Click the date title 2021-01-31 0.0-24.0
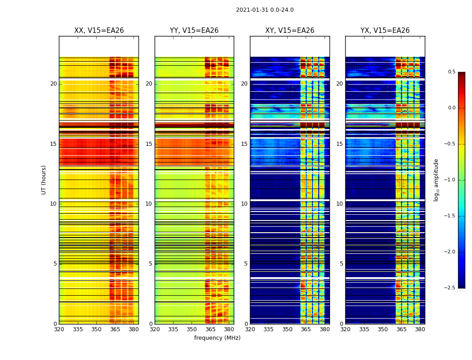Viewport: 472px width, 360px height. click(265, 10)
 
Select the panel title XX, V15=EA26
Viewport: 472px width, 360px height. click(99, 31)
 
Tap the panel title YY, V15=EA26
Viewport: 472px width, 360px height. click(194, 31)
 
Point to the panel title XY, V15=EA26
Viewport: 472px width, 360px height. click(289, 31)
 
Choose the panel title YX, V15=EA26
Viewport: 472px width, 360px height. click(385, 31)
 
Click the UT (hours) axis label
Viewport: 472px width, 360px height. click(44, 180)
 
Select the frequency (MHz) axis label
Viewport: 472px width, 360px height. click(217, 338)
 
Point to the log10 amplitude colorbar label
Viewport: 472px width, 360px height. click(436, 180)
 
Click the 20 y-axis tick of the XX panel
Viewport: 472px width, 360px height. click(53, 84)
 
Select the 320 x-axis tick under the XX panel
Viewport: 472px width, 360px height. click(59, 329)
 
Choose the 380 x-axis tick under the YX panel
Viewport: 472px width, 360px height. click(420, 329)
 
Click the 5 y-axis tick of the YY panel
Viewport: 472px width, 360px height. click(151, 264)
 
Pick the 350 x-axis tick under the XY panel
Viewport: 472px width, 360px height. click(287, 329)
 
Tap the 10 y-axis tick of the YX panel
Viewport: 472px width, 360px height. click(339, 204)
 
